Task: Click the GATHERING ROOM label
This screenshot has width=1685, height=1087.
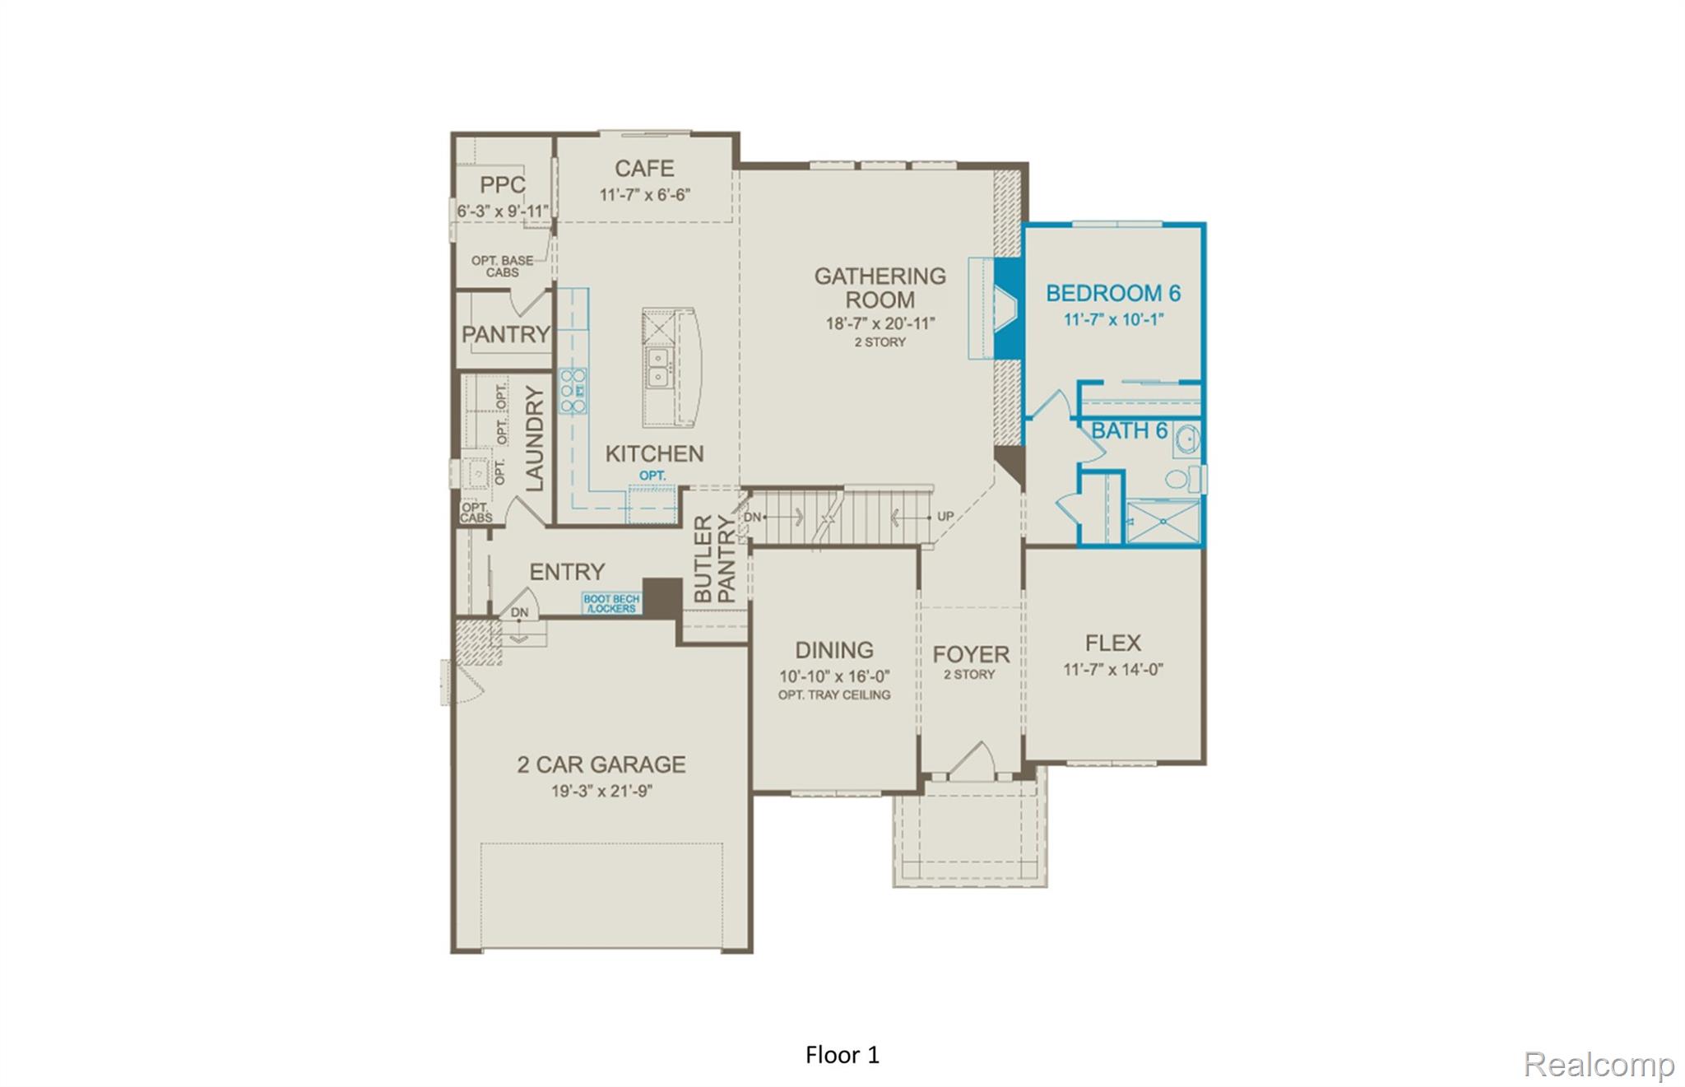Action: pos(880,287)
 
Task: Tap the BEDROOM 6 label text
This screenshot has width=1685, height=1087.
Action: pos(1113,293)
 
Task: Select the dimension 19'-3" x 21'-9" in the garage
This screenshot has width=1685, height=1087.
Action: pos(601,792)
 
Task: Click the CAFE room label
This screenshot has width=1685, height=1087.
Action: pos(644,169)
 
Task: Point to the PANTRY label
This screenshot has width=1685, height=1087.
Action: pos(505,334)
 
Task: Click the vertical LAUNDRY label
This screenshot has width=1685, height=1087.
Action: pos(535,439)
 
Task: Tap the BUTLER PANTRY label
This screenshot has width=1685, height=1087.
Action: pos(715,559)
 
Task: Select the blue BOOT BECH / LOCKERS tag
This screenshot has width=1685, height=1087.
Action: pos(611,604)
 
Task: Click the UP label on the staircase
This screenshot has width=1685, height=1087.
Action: pos(945,517)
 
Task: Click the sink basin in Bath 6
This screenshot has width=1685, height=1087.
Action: pos(1185,440)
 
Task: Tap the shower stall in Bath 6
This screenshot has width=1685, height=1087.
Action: pos(1163,521)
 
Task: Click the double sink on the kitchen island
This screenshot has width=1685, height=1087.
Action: pos(657,367)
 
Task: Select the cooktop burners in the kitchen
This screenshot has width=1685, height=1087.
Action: pos(573,391)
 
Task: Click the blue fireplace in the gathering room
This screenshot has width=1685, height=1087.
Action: pos(1006,309)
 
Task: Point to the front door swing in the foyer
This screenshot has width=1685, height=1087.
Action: pos(973,761)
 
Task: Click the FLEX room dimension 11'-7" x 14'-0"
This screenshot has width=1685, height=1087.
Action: pos(1113,670)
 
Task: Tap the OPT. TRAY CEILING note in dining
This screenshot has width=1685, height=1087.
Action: pos(834,695)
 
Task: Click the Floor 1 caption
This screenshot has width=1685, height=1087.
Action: pos(842,1055)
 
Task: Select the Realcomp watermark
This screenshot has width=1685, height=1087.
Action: pos(1599,1065)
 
